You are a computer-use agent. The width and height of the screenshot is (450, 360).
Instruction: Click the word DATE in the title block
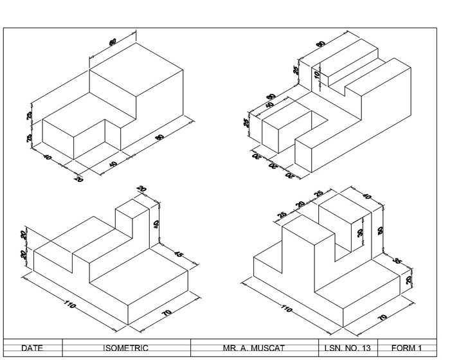click(32, 348)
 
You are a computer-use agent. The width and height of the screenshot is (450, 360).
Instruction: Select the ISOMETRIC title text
click(125, 348)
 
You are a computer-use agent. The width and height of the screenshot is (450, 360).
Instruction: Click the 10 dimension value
click(317, 75)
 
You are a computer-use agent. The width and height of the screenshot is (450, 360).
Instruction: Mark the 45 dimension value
click(179, 256)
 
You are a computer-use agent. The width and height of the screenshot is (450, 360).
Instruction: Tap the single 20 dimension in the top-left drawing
click(78, 178)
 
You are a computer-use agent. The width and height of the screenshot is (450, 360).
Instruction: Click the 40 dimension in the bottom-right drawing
click(367, 197)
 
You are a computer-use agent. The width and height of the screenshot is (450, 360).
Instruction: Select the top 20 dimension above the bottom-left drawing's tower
click(142, 189)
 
